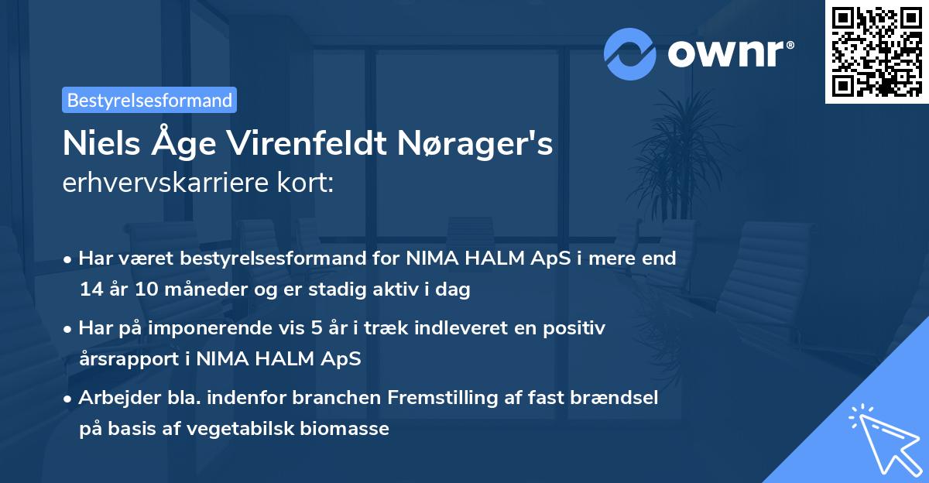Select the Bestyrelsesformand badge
149,100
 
